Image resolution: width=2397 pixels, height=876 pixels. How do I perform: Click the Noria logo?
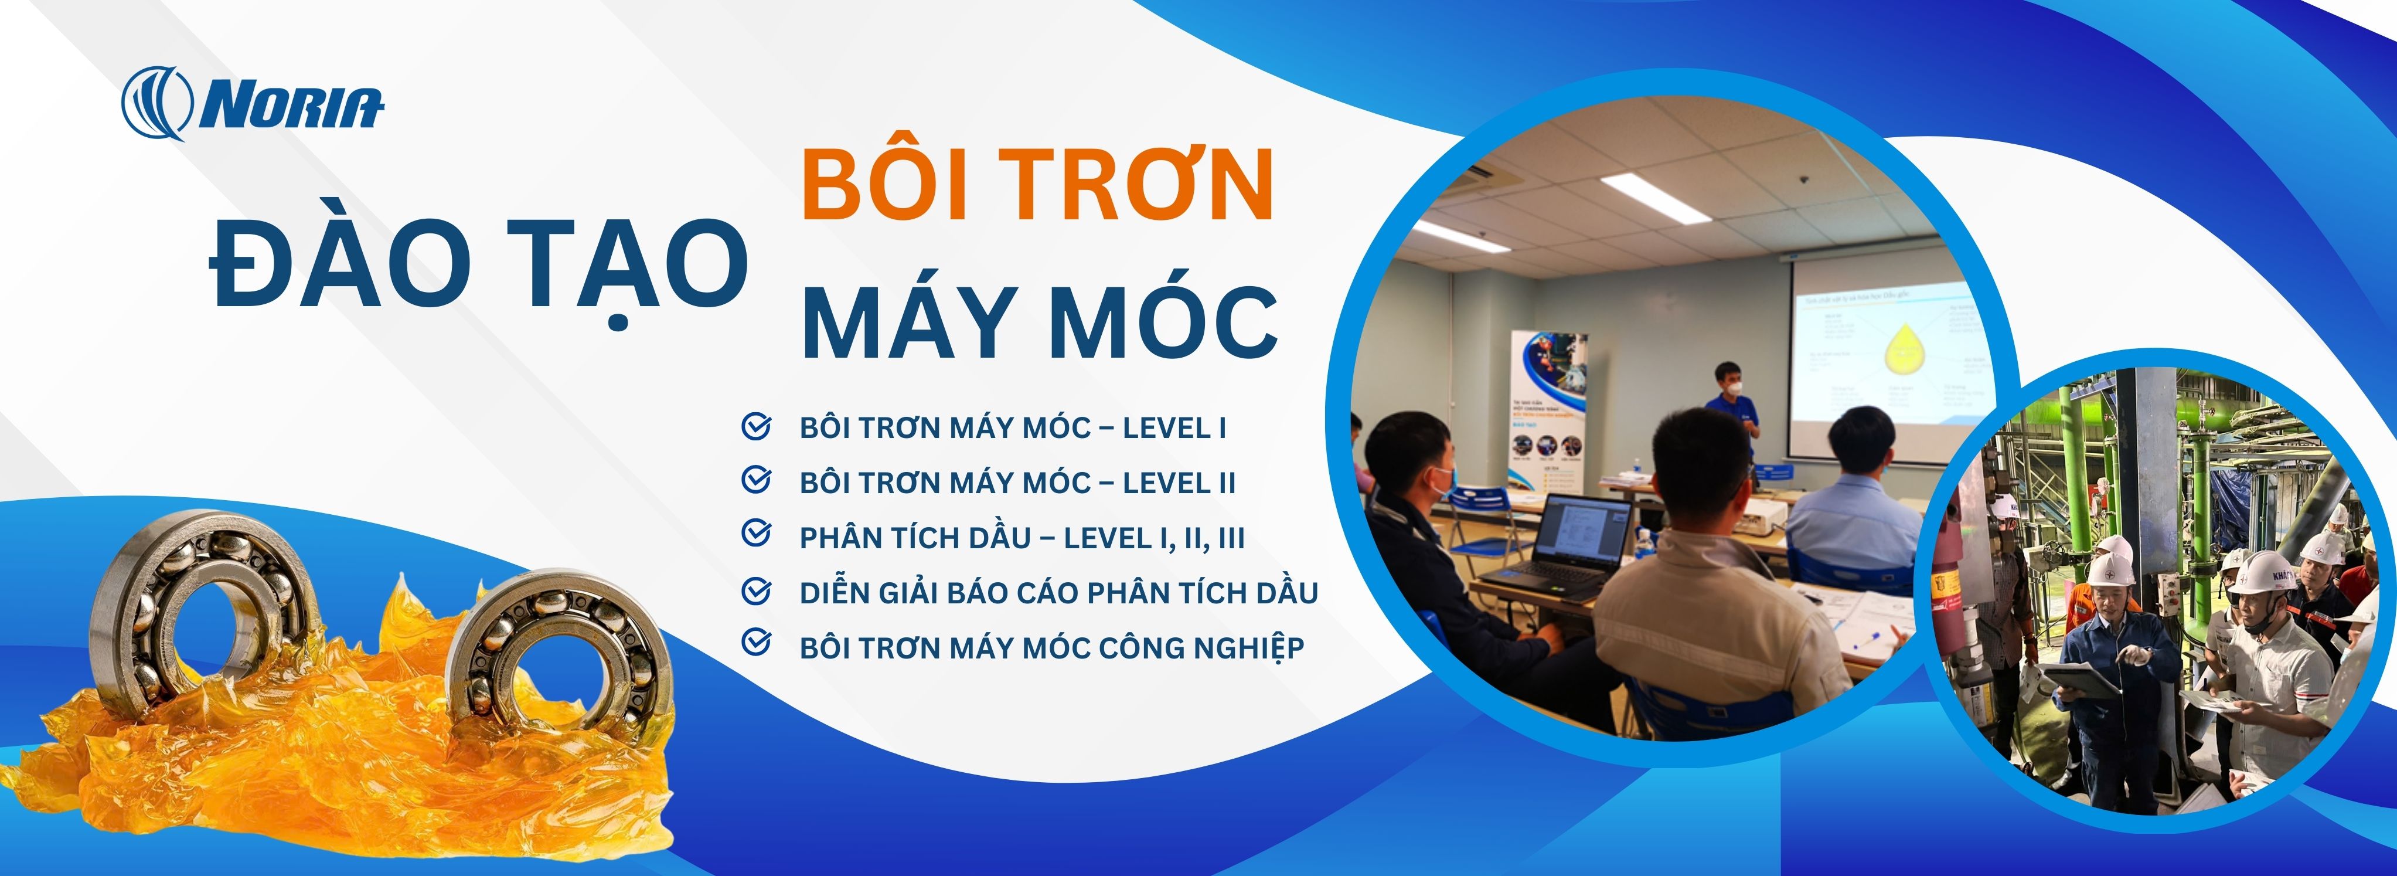click(251, 103)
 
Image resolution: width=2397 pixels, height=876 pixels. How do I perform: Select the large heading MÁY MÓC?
click(1039, 322)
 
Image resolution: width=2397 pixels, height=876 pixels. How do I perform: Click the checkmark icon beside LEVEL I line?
click(755, 426)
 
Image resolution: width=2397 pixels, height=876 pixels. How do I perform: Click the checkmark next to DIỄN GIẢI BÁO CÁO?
click(755, 590)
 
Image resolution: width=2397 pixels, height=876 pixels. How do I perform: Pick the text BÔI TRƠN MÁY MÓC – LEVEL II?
click(1017, 482)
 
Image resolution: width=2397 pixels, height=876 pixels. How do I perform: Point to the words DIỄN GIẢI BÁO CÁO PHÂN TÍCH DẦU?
click(1058, 592)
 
